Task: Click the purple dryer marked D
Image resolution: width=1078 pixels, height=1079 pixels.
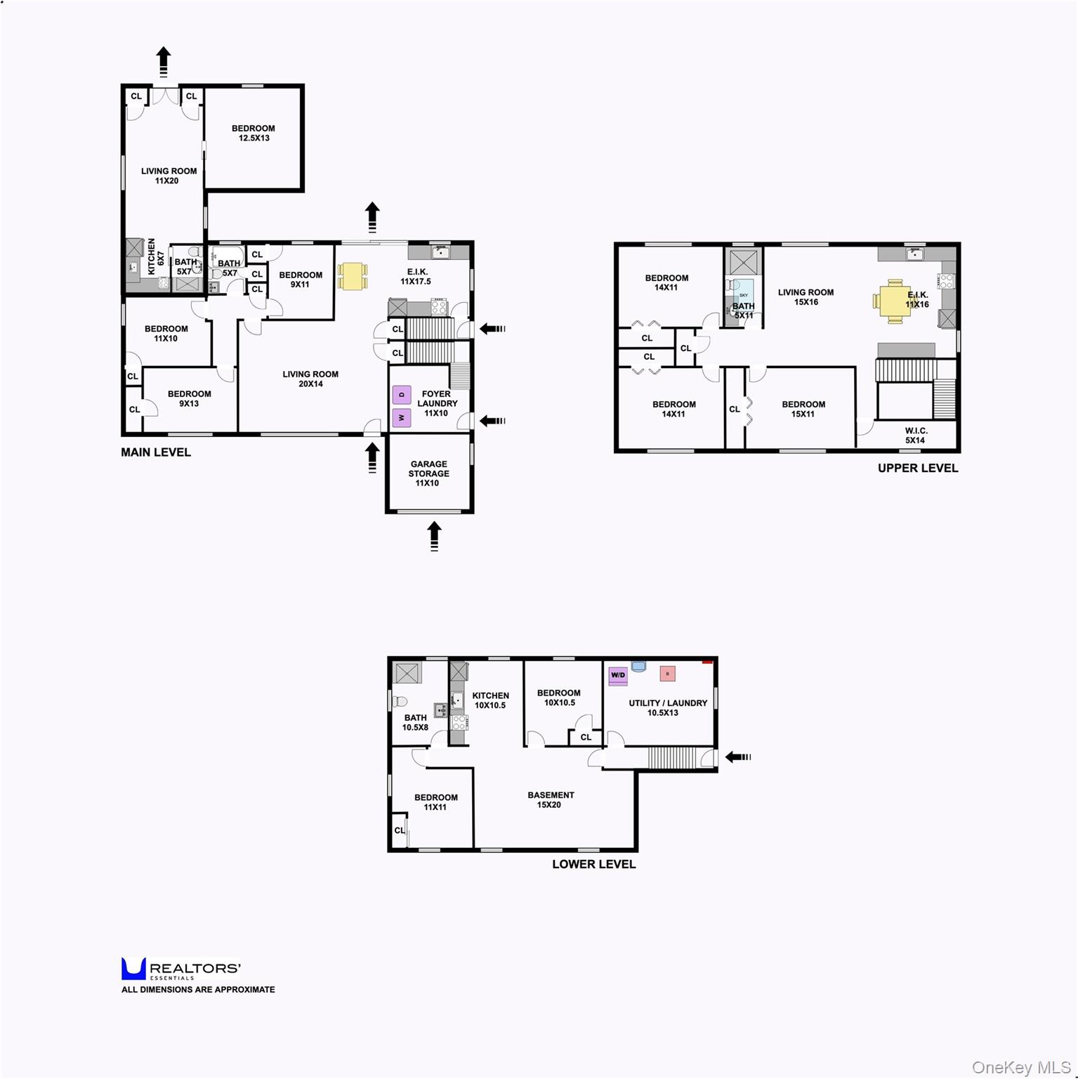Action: coord(402,395)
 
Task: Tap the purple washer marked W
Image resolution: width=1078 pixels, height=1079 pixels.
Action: coord(402,418)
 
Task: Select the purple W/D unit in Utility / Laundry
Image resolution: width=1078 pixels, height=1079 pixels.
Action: coord(618,675)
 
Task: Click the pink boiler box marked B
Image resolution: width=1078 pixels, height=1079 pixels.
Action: coord(668,674)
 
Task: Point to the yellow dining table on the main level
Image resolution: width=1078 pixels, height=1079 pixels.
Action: coord(352,276)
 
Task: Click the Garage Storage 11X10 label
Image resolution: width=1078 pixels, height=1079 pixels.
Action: coord(428,473)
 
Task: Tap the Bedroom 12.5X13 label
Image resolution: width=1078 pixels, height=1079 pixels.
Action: coord(254,133)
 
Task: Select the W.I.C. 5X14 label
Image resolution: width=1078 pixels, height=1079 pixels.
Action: coord(916,436)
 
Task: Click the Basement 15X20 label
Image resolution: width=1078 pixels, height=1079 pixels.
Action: coord(551,800)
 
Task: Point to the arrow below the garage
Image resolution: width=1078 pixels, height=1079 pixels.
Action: coord(435,536)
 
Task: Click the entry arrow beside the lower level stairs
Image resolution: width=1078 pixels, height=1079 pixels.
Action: coord(738,757)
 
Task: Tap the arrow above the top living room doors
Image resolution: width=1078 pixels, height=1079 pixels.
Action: coord(164,62)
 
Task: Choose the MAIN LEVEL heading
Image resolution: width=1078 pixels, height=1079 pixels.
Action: coord(156,452)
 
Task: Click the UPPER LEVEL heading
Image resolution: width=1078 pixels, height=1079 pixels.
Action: coord(918,468)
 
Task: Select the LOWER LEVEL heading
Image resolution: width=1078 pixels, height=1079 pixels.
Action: coord(594,864)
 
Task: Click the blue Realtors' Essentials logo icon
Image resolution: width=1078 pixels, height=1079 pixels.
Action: coord(133,969)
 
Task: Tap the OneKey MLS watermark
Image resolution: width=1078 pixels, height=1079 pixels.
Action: coord(1021,1068)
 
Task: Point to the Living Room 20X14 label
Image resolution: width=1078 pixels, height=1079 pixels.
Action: coord(310,379)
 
